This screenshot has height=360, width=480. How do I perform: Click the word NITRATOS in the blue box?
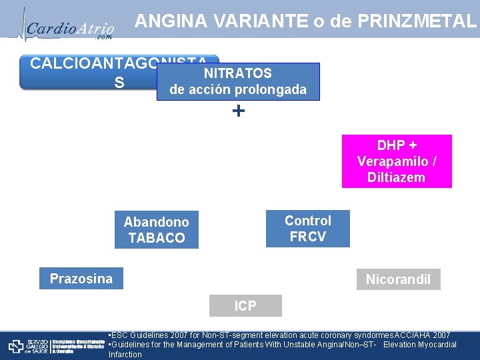237,73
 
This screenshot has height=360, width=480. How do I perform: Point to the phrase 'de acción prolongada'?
238,89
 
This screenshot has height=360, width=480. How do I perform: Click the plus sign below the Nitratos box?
238,111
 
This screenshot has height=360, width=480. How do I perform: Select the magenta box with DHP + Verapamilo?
396,161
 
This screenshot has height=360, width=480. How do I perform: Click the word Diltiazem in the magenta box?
396,177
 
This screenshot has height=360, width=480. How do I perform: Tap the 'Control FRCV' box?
307,229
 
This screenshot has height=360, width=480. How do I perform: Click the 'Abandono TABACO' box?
156,230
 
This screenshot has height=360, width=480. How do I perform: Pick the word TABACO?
156,238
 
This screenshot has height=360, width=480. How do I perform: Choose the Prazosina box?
81,279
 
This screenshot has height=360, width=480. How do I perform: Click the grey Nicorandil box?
398,279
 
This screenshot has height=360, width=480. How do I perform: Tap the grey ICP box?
245,306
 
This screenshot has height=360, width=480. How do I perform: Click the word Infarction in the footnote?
125,355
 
